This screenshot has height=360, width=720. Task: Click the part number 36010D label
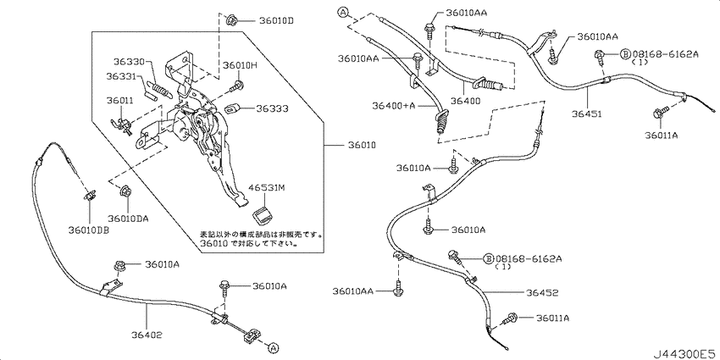[276, 20]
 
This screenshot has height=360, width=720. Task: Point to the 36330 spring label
[129, 62]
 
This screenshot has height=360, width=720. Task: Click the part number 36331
[122, 77]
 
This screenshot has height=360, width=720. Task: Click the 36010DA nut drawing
[125, 193]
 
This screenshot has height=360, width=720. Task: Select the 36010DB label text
[87, 231]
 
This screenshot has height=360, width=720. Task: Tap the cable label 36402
[147, 335]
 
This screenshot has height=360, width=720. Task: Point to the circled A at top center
[343, 13]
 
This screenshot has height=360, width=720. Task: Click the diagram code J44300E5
[684, 353]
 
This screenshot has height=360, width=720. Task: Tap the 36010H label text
[240, 66]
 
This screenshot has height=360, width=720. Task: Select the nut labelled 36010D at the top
[232, 20]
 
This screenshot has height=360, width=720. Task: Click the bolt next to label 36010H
[237, 85]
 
